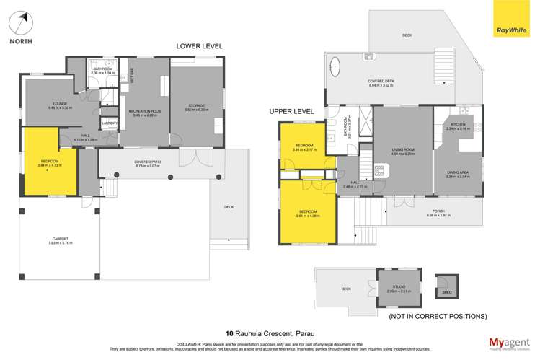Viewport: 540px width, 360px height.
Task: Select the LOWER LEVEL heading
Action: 200,46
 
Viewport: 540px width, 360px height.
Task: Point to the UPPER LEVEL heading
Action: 291,112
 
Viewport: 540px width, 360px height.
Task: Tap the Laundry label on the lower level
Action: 110,123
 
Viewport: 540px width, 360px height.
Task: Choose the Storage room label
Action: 196,107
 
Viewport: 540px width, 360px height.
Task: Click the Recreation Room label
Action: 144,110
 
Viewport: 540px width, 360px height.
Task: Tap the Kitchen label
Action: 459,124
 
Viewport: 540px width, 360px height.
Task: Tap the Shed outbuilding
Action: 442,285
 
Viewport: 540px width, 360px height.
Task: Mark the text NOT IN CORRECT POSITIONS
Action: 437,317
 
